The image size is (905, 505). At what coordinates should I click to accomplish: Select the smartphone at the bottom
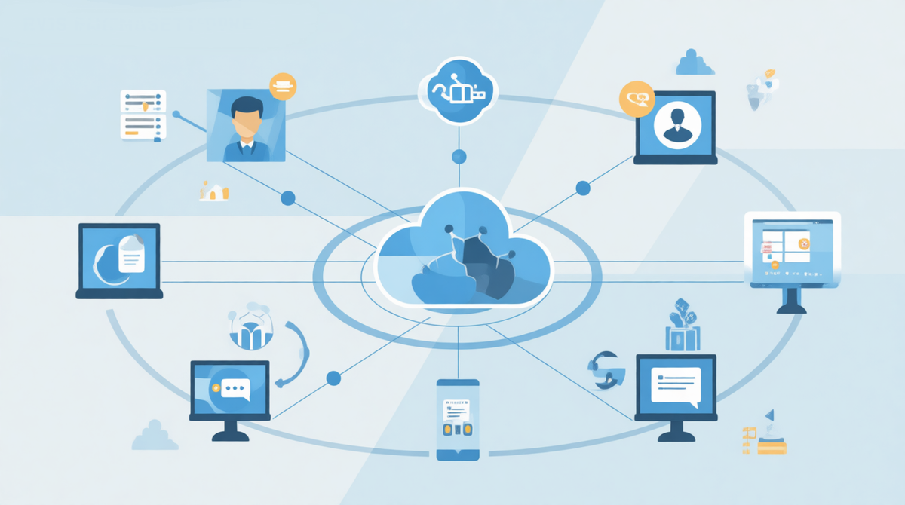[x=458, y=418]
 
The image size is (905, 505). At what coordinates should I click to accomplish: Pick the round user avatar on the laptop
[x=675, y=126]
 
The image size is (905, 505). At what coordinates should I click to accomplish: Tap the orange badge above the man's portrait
[x=283, y=86]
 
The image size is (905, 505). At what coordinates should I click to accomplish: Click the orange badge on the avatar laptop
[x=634, y=98]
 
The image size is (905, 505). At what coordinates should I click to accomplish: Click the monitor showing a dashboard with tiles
[x=791, y=248]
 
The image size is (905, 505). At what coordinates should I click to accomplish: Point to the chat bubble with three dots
[x=231, y=390]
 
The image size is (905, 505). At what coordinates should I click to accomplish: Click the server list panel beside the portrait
[x=143, y=115]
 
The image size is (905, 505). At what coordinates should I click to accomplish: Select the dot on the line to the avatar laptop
[x=582, y=188]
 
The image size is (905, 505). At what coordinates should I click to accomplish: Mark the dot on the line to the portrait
[x=288, y=198]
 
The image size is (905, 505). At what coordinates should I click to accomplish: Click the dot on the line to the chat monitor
[x=333, y=375]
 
